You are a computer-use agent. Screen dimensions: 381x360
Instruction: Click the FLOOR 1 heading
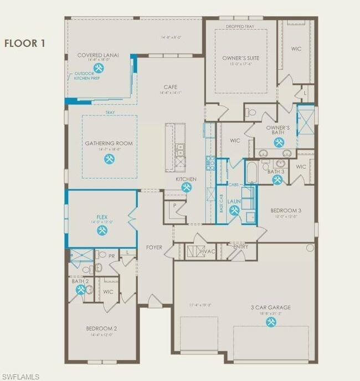pyautogui.click(x=27, y=43)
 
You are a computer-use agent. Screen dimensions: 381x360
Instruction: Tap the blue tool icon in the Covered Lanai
pyautogui.click(x=99, y=68)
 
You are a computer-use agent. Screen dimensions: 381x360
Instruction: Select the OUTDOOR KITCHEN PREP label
pyautogui.click(x=85, y=75)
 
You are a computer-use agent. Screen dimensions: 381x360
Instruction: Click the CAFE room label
pyautogui.click(x=171, y=87)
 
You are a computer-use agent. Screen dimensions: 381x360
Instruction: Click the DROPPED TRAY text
pyautogui.click(x=240, y=25)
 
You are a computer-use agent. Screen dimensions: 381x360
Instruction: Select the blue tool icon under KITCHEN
pyautogui.click(x=187, y=188)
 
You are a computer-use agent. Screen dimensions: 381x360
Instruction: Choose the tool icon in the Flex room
pyautogui.click(x=102, y=230)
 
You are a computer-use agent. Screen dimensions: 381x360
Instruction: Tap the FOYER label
pyautogui.click(x=153, y=247)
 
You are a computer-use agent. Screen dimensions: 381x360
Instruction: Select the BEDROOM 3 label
pyautogui.click(x=286, y=211)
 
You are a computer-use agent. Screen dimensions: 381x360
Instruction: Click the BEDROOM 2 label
pyautogui.click(x=101, y=328)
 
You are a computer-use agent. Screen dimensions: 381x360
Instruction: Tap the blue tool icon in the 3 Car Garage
pyautogui.click(x=271, y=321)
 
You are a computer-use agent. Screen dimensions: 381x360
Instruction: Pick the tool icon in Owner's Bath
pyautogui.click(x=277, y=142)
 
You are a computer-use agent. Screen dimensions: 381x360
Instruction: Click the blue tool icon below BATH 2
pyautogui.click(x=80, y=290)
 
